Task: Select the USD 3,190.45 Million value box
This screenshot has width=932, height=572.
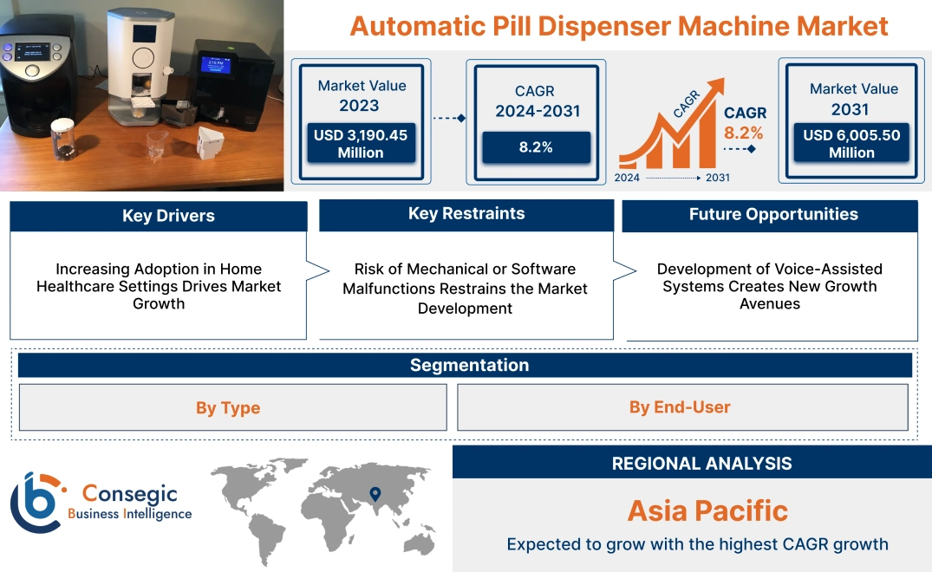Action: [361, 144]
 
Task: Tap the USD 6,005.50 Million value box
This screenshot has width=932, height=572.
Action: [851, 144]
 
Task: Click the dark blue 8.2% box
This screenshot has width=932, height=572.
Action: [536, 147]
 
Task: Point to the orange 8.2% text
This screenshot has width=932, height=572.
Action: [744, 133]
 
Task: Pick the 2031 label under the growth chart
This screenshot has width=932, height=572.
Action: [717, 178]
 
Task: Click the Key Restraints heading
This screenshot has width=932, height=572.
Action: [466, 214]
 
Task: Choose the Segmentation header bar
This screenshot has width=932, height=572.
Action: [469, 365]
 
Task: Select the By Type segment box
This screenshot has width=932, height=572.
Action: [228, 407]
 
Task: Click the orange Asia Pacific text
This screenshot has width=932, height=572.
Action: [707, 510]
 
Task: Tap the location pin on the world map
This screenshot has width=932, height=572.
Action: [375, 495]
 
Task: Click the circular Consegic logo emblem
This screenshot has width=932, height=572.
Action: [36, 502]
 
